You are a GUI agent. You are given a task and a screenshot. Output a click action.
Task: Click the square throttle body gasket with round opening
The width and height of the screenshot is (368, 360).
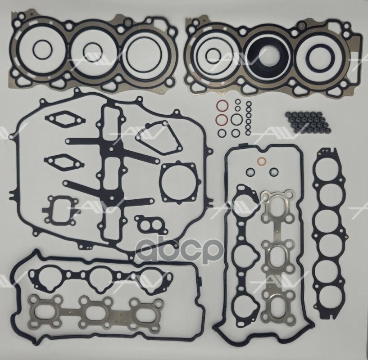(x=179, y=182)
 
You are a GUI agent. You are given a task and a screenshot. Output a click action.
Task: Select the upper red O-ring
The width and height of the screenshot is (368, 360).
(x=221, y=107)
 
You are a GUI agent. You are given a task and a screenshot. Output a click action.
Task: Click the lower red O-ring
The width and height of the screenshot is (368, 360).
(x=221, y=120)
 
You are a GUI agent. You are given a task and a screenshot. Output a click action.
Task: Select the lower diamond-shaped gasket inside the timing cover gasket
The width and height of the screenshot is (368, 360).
(x=64, y=161)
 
